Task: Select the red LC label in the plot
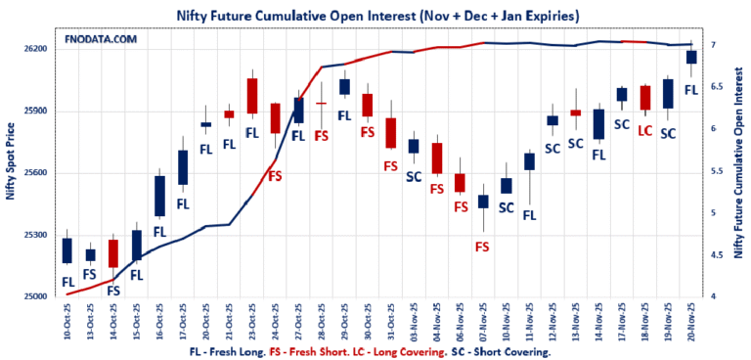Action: pyautogui.click(x=644, y=130)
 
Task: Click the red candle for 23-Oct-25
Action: pyautogui.click(x=251, y=96)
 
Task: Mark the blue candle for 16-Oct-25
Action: pyautogui.click(x=159, y=196)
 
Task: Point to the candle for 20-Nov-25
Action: pyautogui.click(x=691, y=57)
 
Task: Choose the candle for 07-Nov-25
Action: pyautogui.click(x=482, y=202)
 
